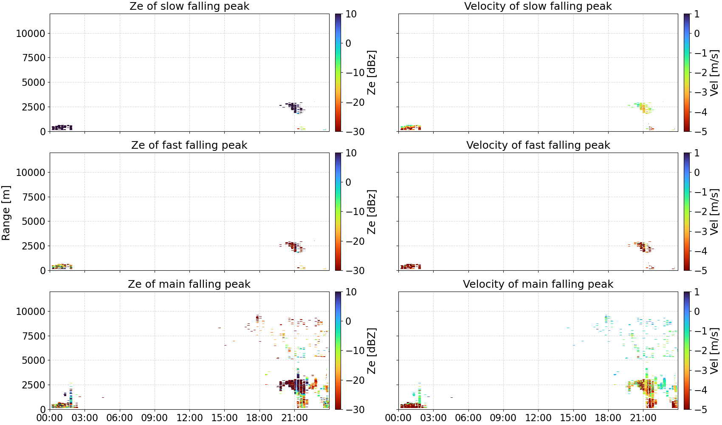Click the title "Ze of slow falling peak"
pos(189,6)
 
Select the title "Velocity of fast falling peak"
pos(538,145)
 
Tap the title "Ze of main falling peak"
pos(189,284)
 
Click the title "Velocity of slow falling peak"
pos(538,6)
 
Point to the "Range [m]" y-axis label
pos(6,213)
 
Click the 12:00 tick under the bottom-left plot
pos(189,418)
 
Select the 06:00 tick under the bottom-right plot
pos(468,418)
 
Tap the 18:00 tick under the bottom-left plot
pos(259,418)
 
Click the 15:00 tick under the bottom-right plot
pos(573,418)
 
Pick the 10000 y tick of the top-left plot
pos(31,33)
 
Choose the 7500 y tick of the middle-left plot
pos(34,197)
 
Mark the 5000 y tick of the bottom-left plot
pos(34,360)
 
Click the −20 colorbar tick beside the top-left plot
pos(355,102)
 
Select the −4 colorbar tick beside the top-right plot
pos(701,112)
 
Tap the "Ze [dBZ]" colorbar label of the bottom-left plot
pos(372,351)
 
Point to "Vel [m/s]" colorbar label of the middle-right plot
pos(715,212)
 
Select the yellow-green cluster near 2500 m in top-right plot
pos(643,108)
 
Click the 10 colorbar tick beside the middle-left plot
pos(351,153)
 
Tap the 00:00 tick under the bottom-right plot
pos(398,418)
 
